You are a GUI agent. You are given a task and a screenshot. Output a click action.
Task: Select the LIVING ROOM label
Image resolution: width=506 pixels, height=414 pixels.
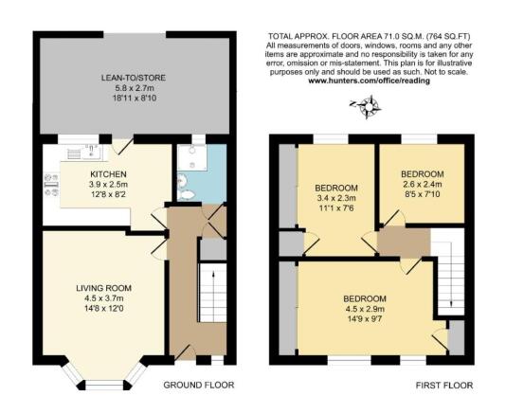click(104, 287)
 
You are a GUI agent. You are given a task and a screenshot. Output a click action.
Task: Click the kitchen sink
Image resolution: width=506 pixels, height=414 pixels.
click(81, 150)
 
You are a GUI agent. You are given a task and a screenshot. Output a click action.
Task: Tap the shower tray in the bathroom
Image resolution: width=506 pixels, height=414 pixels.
click(196, 155)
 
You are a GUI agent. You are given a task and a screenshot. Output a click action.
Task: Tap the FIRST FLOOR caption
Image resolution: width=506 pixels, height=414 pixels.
click(443, 386)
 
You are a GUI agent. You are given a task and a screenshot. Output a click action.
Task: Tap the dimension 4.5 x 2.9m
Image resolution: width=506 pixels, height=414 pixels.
click(365, 310)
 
